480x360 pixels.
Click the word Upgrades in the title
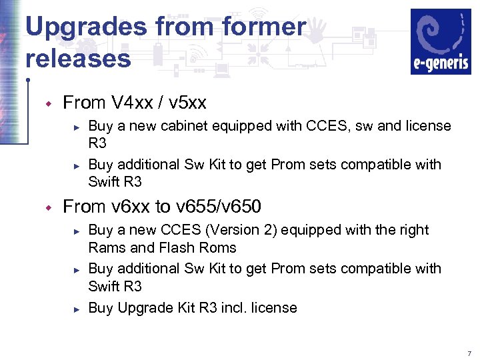[x=85, y=27]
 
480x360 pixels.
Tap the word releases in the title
[x=78, y=58]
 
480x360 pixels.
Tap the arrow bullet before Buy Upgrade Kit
[x=77, y=308]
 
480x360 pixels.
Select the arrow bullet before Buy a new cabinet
[x=77, y=127]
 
